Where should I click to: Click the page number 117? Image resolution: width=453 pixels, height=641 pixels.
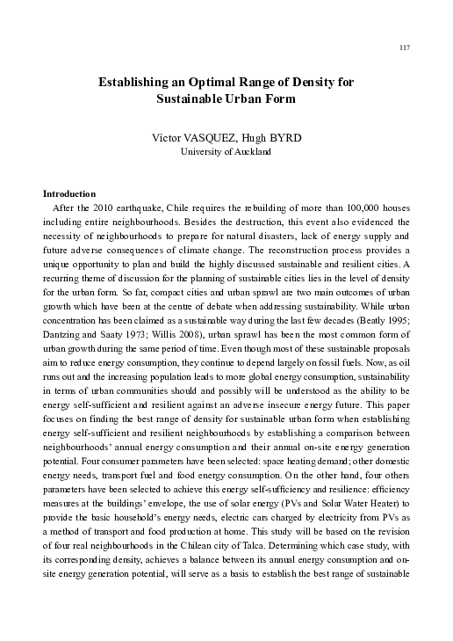pyautogui.click(x=404, y=47)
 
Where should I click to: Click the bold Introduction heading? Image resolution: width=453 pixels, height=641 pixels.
pyautogui.click(x=70, y=193)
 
